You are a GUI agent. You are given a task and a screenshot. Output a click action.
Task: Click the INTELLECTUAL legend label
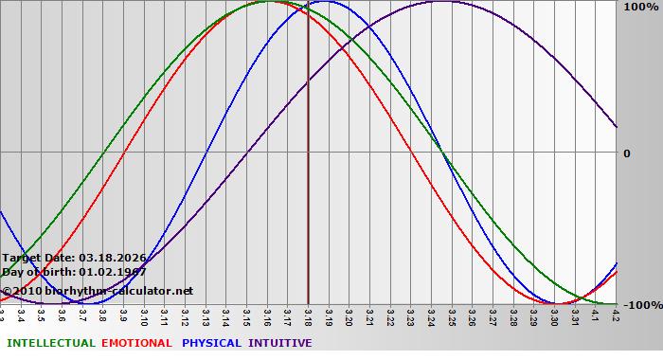click(50, 343)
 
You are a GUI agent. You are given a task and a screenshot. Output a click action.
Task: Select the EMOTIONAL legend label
click(136, 343)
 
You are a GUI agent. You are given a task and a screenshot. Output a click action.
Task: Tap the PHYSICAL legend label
click(212, 343)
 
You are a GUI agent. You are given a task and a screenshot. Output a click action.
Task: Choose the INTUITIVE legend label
click(280, 343)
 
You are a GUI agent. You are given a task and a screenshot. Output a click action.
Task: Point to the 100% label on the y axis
click(639, 7)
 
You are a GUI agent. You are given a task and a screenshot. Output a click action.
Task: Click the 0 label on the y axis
click(626, 153)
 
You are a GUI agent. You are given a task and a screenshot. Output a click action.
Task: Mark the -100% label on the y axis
click(641, 305)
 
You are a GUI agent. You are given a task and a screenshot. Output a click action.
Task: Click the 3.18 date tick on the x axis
click(308, 315)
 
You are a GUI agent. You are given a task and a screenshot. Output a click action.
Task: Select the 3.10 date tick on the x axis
click(144, 315)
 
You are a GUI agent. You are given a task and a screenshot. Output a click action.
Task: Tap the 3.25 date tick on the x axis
click(452, 315)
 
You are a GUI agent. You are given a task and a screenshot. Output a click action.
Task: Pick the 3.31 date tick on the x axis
click(575, 315)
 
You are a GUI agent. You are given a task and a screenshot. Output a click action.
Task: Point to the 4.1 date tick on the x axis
click(596, 315)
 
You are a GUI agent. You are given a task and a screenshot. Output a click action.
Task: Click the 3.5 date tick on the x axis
click(42, 315)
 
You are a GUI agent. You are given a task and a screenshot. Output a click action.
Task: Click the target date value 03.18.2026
click(113, 257)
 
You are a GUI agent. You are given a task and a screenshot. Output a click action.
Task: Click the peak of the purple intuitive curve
click(441, 2)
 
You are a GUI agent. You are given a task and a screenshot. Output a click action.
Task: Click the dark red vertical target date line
click(308, 189)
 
